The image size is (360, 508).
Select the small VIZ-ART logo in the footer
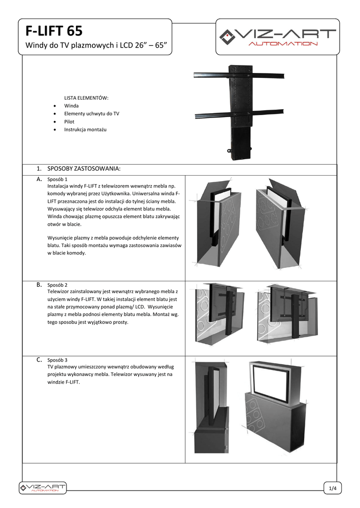pos(42,488)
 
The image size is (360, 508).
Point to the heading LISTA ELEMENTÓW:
pos(86,98)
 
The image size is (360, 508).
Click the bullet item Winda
pos(71,106)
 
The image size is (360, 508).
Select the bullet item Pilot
pos(69,122)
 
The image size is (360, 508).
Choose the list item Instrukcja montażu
pos(85,129)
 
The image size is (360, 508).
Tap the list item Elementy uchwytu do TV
pos(91,114)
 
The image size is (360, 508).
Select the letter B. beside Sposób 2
pos(39,285)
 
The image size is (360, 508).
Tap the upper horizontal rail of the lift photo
pos(239,76)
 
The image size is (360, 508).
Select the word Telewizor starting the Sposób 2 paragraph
pos(60,292)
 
